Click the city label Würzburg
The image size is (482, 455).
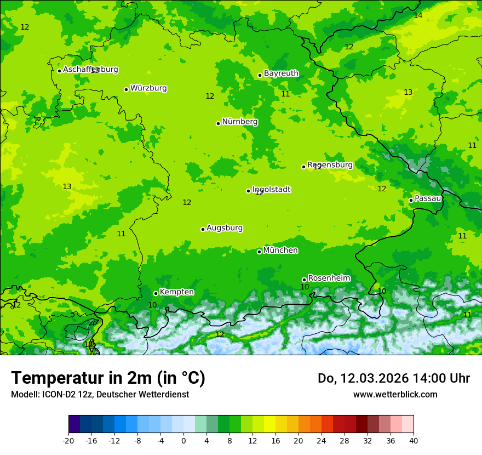point(148,88)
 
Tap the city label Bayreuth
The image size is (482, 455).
point(281,73)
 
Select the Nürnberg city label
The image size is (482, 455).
point(240,122)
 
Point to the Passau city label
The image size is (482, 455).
point(428,198)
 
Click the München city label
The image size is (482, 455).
point(280,251)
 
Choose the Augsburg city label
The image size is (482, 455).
point(225,228)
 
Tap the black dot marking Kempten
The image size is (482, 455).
point(156,293)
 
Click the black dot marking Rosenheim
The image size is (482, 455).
point(305,280)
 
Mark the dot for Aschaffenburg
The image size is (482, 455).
point(59,71)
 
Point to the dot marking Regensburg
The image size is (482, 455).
point(303,167)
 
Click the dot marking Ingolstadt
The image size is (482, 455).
point(248,191)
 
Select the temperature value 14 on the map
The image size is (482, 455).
point(418,16)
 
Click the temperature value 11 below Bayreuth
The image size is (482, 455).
point(285,94)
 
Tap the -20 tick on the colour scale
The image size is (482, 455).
point(68,441)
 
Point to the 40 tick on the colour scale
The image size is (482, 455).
point(414,441)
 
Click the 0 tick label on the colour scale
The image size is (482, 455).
point(183,441)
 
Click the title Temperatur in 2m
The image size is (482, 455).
point(108,378)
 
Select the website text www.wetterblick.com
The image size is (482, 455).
point(395,395)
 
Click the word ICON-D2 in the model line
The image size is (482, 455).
point(55,395)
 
